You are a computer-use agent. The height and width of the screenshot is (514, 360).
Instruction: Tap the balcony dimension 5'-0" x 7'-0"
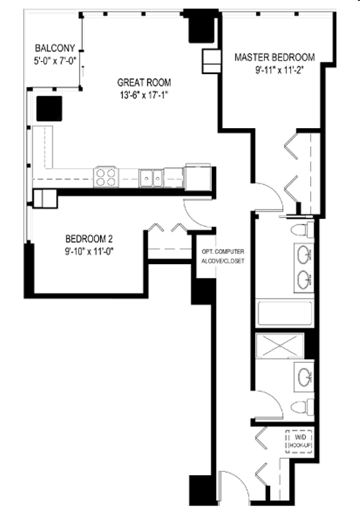coord(55,61)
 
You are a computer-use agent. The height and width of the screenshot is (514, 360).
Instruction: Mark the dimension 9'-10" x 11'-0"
coord(88,251)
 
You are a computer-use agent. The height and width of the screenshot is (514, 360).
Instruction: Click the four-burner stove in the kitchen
coord(106,176)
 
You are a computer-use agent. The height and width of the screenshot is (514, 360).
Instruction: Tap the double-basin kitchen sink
coord(151,176)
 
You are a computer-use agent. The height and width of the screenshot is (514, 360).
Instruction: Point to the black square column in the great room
coord(49,107)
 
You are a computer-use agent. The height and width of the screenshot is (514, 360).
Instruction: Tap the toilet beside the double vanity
coord(302,230)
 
